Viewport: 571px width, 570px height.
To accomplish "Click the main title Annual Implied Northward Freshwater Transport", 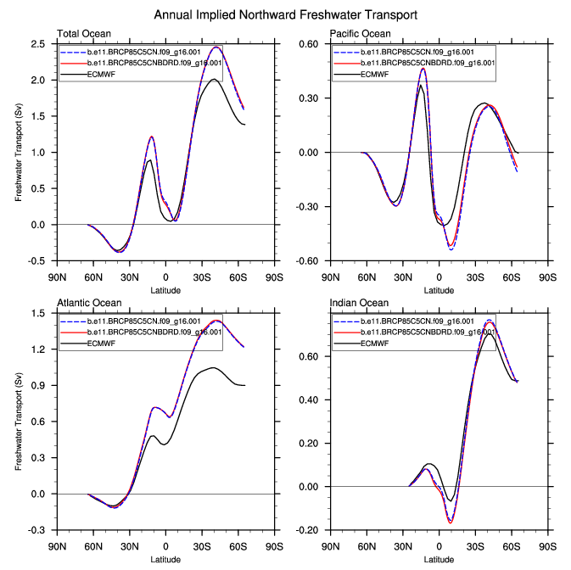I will click(x=286, y=15).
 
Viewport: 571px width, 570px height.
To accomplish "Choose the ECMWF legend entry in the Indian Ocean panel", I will click(x=374, y=344).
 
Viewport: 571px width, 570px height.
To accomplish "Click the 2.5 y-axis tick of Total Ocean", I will click(x=39, y=44).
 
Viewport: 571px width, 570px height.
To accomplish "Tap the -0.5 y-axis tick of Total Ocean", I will click(x=37, y=261).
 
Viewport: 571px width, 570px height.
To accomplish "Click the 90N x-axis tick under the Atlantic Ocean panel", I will click(x=57, y=545).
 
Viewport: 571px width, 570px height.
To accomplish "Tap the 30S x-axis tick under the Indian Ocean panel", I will click(x=474, y=545).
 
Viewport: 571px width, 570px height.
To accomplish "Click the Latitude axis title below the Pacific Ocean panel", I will click(x=439, y=291).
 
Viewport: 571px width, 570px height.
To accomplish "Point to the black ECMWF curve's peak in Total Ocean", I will click(x=214, y=80).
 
